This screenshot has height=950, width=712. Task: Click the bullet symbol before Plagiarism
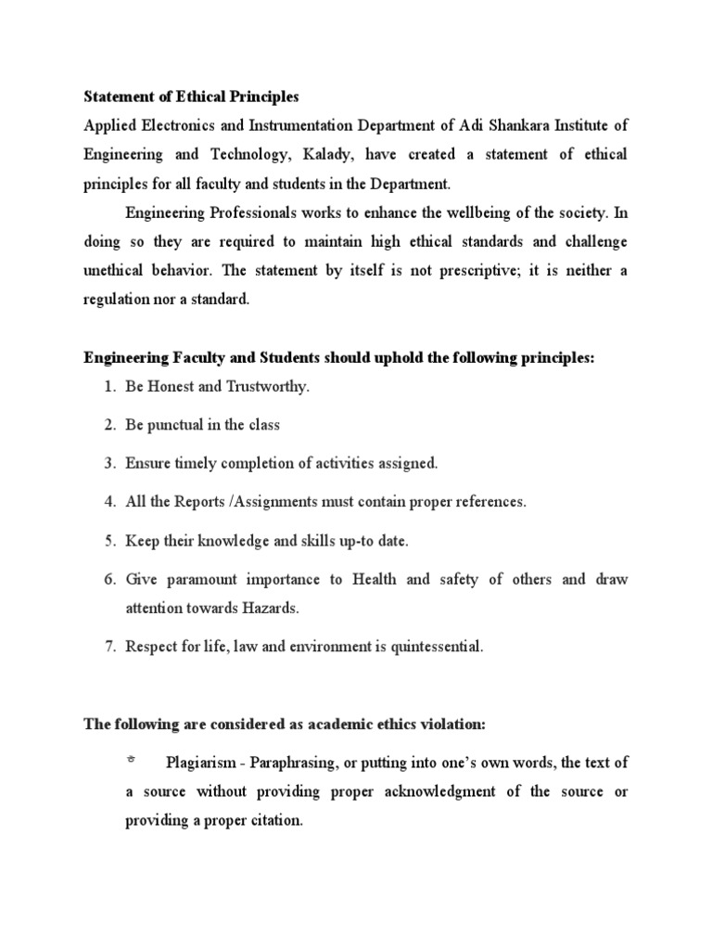click(131, 760)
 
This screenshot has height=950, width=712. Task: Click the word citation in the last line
click(273, 821)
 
